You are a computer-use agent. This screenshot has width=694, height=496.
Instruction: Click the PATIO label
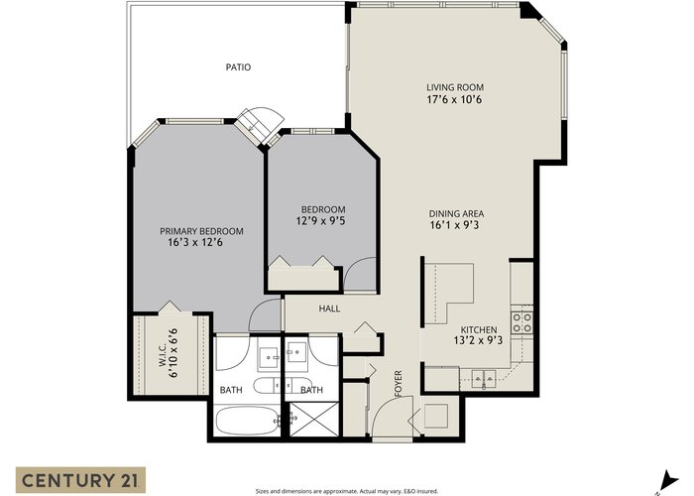click(x=238, y=67)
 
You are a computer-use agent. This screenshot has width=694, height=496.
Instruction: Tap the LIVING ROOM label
click(x=455, y=87)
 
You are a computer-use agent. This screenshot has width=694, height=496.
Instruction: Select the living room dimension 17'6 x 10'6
click(x=454, y=99)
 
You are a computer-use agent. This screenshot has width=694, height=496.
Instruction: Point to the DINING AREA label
click(x=456, y=214)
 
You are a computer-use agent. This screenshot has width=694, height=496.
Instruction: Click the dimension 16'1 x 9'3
click(x=454, y=225)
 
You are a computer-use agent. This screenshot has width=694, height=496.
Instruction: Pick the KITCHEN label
click(x=479, y=330)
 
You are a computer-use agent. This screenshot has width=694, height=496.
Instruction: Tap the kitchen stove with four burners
click(x=521, y=322)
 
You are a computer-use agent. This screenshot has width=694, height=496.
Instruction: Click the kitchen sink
click(x=484, y=379)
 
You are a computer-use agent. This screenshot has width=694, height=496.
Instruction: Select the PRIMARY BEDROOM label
click(x=201, y=231)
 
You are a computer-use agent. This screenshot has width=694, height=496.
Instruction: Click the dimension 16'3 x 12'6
click(x=194, y=243)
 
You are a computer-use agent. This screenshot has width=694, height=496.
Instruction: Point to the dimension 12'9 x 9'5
click(x=321, y=220)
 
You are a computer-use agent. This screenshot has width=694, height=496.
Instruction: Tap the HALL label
click(x=330, y=309)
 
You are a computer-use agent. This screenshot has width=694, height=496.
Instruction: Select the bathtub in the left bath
click(x=246, y=421)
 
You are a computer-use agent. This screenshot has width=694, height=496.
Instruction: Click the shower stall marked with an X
click(x=314, y=420)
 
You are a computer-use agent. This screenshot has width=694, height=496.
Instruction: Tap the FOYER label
click(x=398, y=384)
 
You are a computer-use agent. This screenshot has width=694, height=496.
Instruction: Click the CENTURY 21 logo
click(x=80, y=480)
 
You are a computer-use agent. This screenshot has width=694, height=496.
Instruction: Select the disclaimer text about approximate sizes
click(x=347, y=491)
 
